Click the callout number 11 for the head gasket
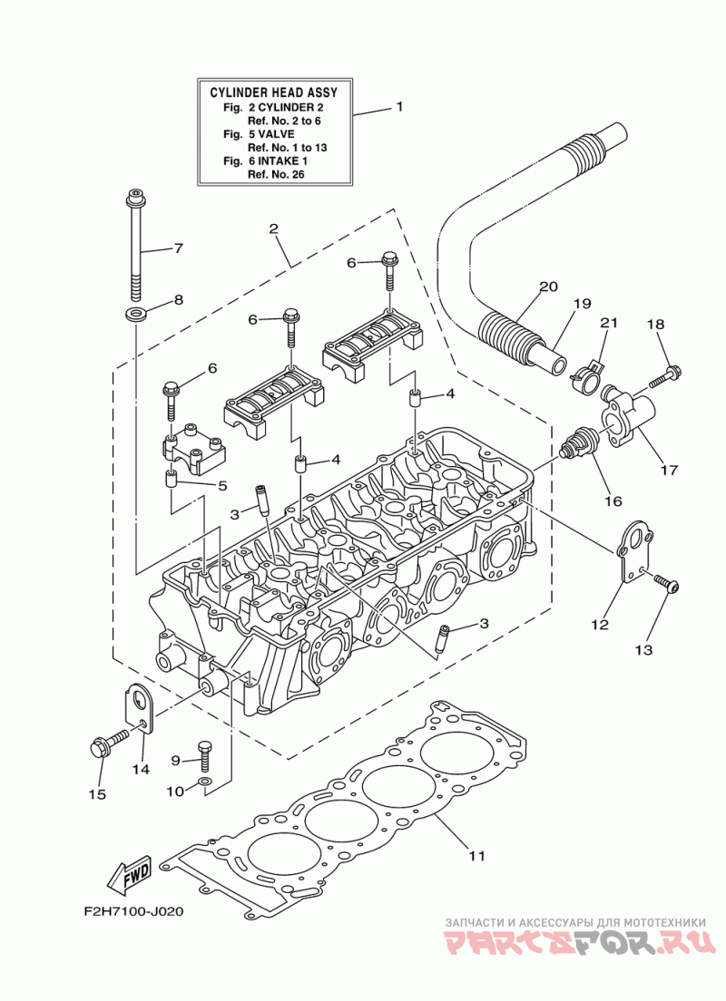pyautogui.click(x=476, y=855)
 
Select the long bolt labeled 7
pyautogui.click(x=135, y=245)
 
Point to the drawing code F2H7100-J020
pyautogui.click(x=132, y=911)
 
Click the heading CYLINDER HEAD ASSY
pyautogui.click(x=273, y=92)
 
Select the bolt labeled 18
pyautogui.click(x=665, y=376)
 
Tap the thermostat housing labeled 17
pyautogui.click(x=628, y=417)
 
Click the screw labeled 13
pyautogui.click(x=667, y=584)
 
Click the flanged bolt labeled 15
pyautogui.click(x=108, y=744)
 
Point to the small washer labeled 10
pyautogui.click(x=204, y=782)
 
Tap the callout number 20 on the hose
pyautogui.click(x=548, y=287)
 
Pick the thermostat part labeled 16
pyautogui.click(x=579, y=442)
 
